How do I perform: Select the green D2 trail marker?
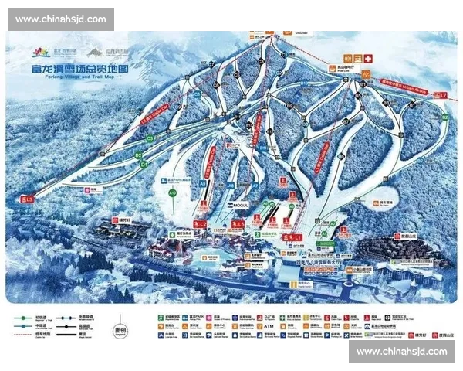tap(139, 156)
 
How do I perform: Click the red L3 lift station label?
tap(30, 199)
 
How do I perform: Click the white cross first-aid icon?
tap(368, 58)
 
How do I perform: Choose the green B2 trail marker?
tap(444, 117)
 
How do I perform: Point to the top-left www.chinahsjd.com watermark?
tap(61, 19)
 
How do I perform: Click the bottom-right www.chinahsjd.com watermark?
tap(402, 352)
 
